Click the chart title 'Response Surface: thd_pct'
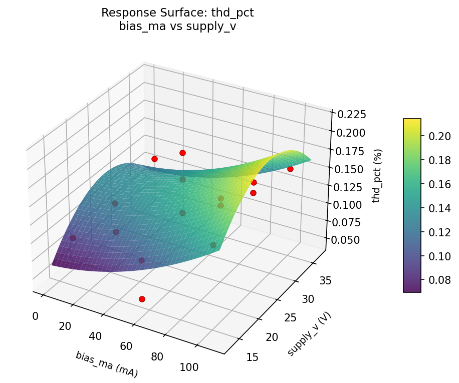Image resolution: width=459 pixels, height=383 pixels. pyautogui.click(x=177, y=13)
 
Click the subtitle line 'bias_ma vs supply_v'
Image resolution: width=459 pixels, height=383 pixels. pyautogui.click(x=177, y=27)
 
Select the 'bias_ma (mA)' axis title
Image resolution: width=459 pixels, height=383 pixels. pyautogui.click(x=106, y=364)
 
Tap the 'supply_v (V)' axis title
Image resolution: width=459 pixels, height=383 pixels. pyautogui.click(x=309, y=333)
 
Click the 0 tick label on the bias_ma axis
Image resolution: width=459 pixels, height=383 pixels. pyautogui.click(x=35, y=316)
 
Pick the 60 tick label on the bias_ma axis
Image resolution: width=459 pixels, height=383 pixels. pyautogui.click(x=126, y=346)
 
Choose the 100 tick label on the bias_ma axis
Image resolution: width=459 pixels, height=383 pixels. pyautogui.click(x=188, y=367)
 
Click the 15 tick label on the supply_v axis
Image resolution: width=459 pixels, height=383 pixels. pyautogui.click(x=253, y=356)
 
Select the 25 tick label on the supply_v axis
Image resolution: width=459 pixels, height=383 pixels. pyautogui.click(x=291, y=318)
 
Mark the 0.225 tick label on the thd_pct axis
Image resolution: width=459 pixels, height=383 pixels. pyautogui.click(x=350, y=115)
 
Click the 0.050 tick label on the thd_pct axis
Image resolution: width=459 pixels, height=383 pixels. pyautogui.click(x=350, y=240)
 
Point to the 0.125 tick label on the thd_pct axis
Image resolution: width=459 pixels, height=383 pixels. pyautogui.click(x=350, y=188)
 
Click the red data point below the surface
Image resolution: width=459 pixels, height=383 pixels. pyautogui.click(x=142, y=299)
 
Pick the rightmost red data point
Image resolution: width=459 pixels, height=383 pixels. pyautogui.click(x=290, y=169)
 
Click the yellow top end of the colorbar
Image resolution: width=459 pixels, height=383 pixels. pyautogui.click(x=412, y=121)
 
